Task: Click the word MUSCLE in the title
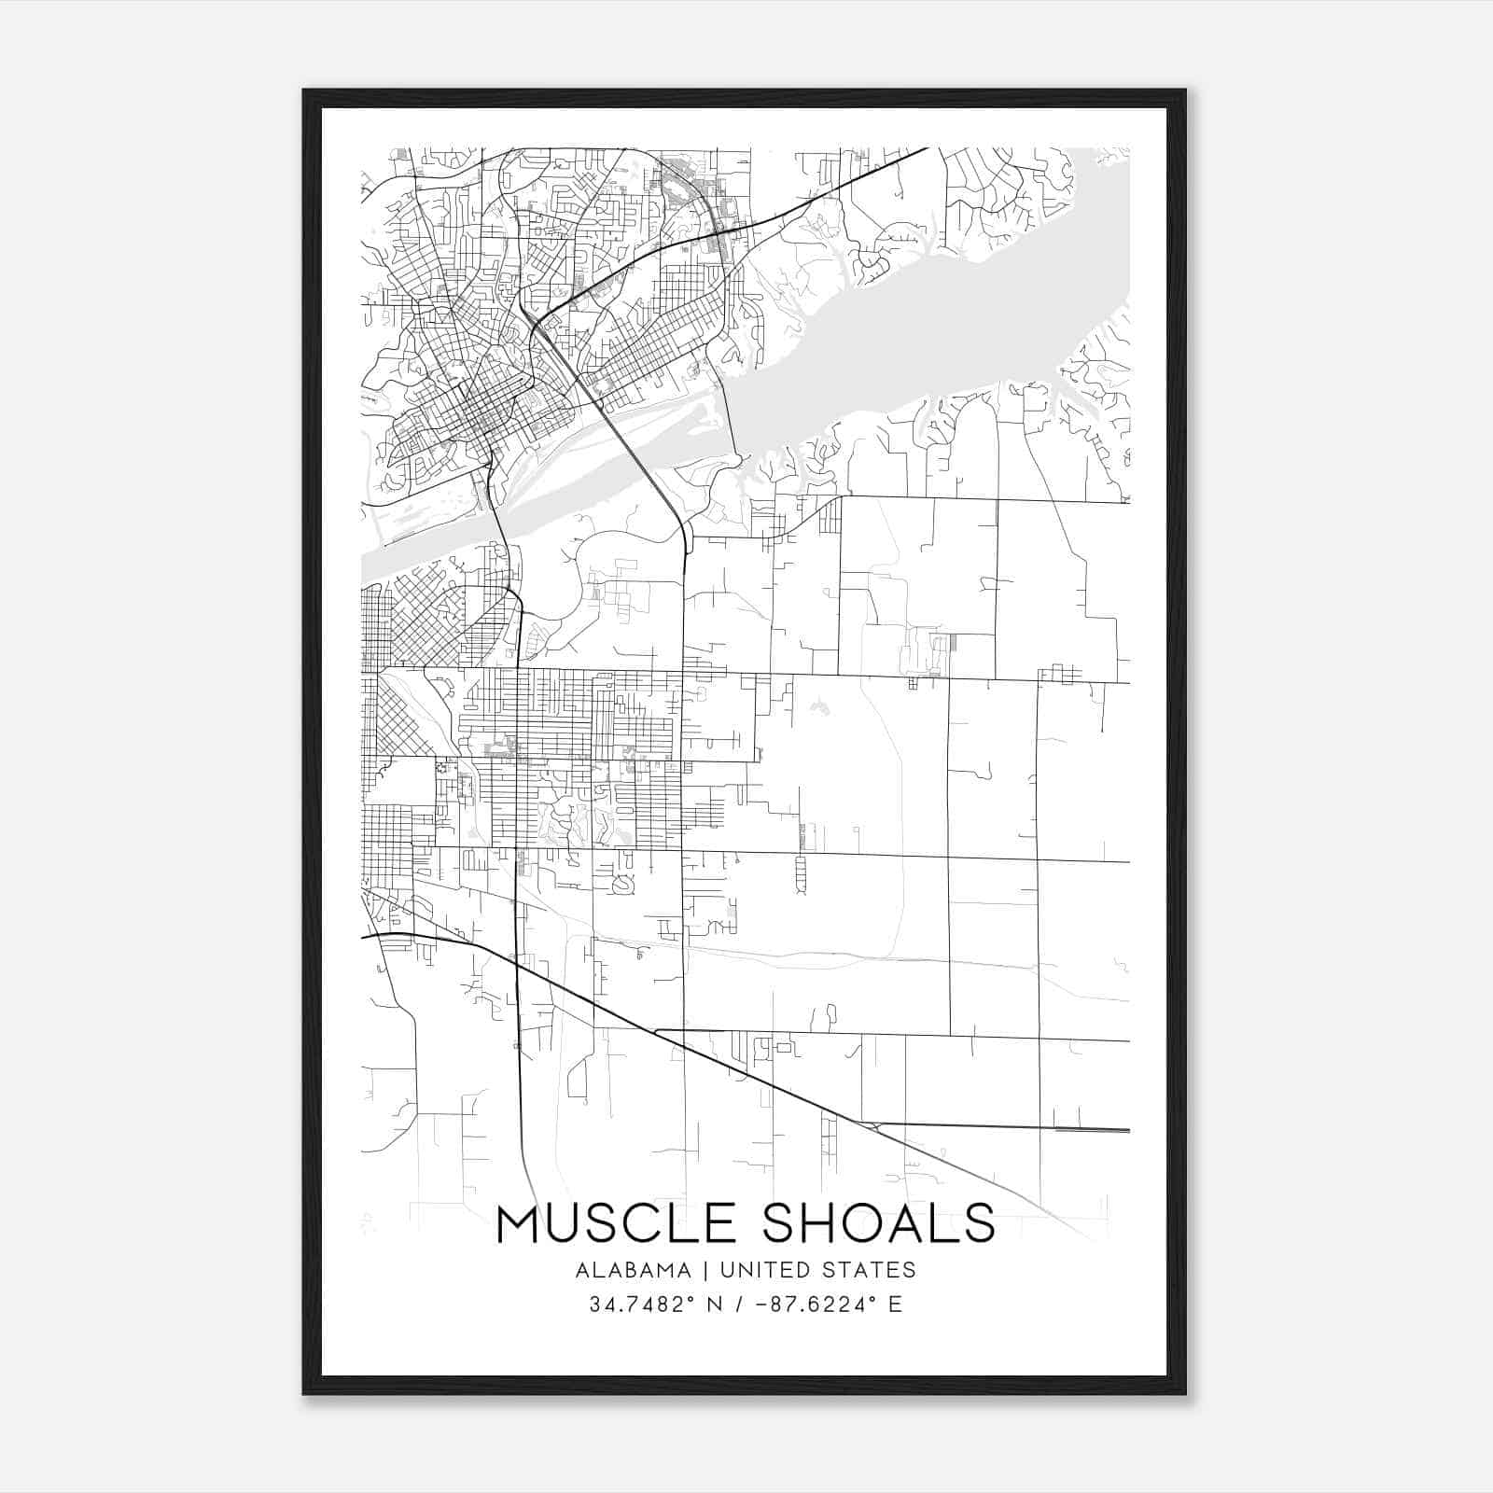(x=620, y=1223)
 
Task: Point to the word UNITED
(x=762, y=1270)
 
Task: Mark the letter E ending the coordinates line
(x=896, y=1305)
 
